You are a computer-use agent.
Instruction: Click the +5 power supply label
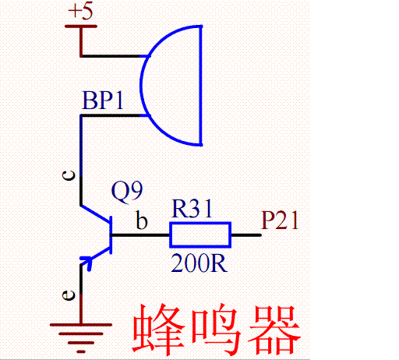coord(80,12)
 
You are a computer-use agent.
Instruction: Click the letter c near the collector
coord(69,176)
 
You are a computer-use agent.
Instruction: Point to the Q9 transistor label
coord(128,190)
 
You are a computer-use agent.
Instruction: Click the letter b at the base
coord(142,221)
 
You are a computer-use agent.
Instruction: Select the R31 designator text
coord(192,209)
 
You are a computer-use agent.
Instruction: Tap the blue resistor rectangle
coord(200,235)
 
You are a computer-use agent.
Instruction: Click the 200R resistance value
coord(199,263)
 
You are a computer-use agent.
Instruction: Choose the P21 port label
coord(281,221)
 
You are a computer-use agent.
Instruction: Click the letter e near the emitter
coord(69,295)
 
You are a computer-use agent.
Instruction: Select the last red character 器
coord(272,330)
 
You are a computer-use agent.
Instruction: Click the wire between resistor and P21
coord(245,235)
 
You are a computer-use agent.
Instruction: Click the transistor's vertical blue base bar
coord(112,235)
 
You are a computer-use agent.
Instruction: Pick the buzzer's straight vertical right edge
coord(202,85)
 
